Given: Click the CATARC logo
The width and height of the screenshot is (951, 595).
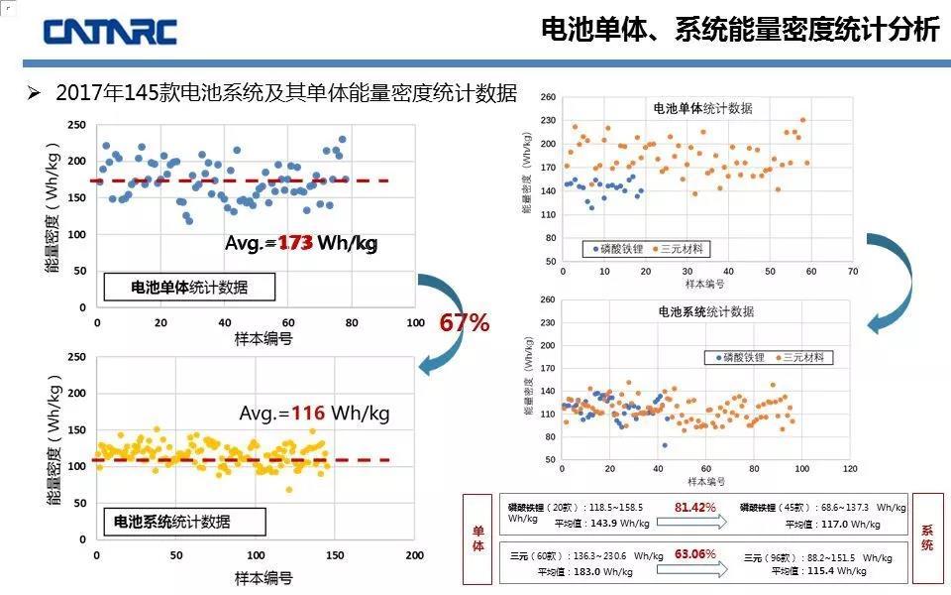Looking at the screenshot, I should (x=109, y=31).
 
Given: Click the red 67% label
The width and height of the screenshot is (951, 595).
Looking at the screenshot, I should (x=465, y=322).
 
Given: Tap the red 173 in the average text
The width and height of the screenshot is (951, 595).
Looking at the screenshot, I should (x=295, y=243).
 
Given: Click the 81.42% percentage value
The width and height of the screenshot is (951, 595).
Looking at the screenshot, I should (x=695, y=508).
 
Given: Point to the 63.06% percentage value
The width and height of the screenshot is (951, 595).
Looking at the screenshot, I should (x=695, y=553).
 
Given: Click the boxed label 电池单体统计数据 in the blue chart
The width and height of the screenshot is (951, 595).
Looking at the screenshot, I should (x=189, y=288).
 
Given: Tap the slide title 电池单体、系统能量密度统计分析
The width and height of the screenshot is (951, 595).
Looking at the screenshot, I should (x=740, y=30).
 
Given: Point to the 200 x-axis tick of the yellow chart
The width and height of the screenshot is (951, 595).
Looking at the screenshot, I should (x=414, y=556).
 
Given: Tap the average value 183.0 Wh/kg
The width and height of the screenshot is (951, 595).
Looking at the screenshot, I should (x=621, y=571).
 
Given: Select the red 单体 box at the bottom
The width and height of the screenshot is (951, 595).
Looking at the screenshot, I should (x=478, y=538).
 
